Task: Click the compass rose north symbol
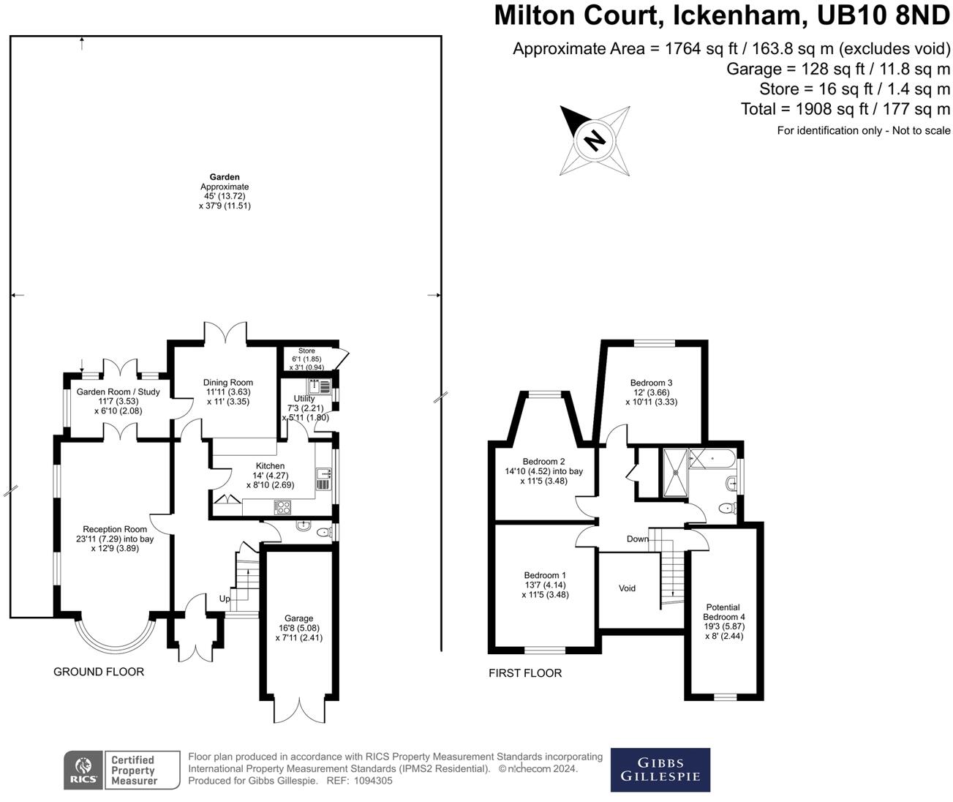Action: click(x=595, y=139)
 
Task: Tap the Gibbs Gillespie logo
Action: click(x=660, y=770)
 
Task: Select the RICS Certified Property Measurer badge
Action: click(x=121, y=771)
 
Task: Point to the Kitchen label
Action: click(x=270, y=466)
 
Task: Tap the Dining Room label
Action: click(x=228, y=382)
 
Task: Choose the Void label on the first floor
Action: click(x=627, y=588)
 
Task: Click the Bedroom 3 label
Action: click(x=651, y=383)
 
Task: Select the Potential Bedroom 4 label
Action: click(x=723, y=617)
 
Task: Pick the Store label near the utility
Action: click(x=306, y=351)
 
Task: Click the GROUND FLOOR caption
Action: click(x=99, y=672)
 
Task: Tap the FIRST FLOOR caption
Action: click(x=525, y=673)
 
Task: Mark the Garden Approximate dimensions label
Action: click(x=225, y=192)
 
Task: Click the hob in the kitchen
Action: click(x=282, y=507)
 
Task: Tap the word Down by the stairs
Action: click(x=638, y=539)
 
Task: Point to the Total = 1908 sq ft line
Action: click(x=845, y=110)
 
